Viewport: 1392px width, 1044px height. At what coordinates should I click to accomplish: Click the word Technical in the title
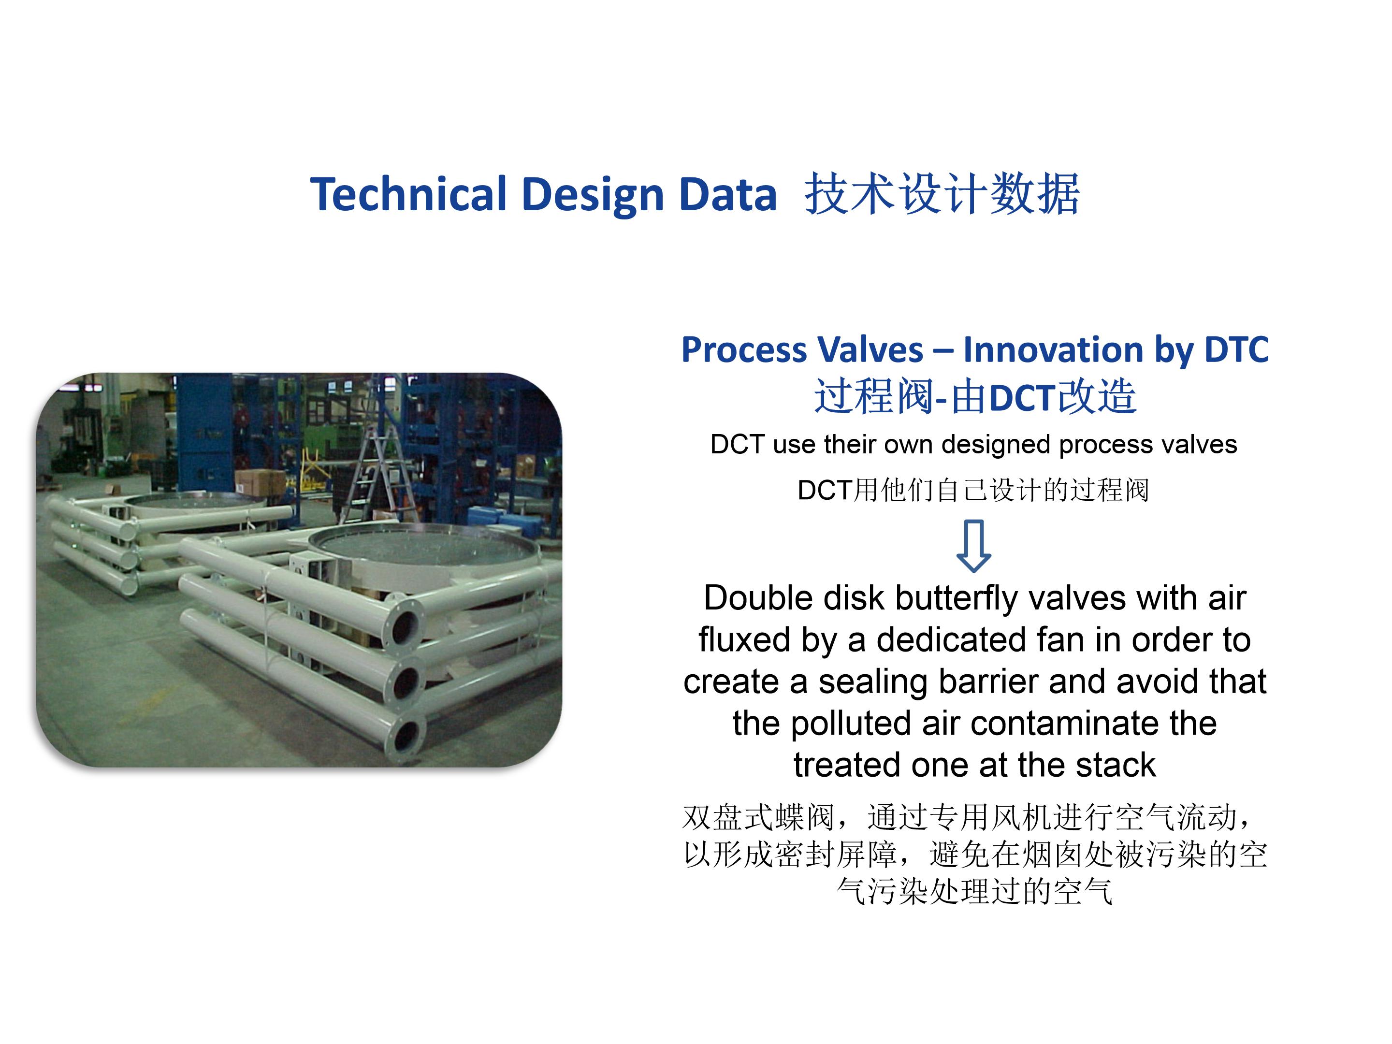tap(408, 194)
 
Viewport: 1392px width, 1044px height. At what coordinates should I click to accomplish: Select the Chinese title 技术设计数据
tap(942, 194)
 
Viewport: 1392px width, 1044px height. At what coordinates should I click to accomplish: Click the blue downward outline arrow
tap(973, 546)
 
